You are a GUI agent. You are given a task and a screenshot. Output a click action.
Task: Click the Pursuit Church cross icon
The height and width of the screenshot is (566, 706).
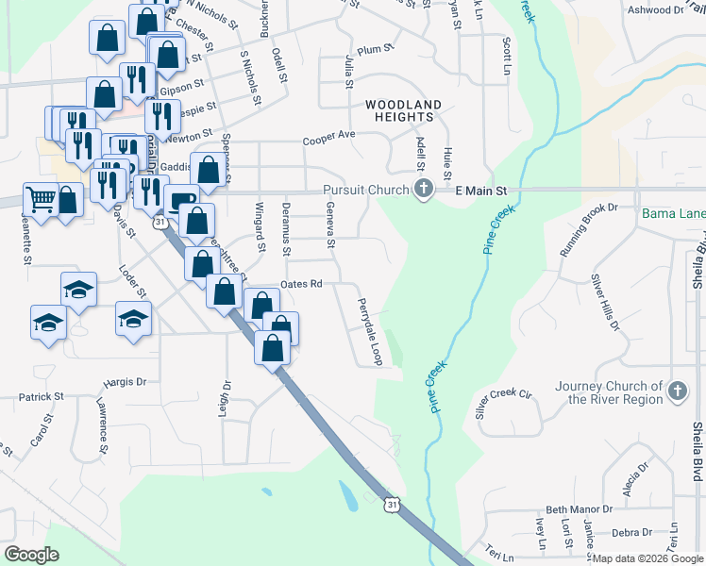point(423,190)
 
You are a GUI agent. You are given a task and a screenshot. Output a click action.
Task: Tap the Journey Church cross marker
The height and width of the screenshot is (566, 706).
point(676,391)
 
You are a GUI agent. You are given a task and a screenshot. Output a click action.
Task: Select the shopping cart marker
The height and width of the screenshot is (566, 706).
point(41,198)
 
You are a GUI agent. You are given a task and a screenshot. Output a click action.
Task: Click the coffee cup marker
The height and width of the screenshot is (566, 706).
point(180,199)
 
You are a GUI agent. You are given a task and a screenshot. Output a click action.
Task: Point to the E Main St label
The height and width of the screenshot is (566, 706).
point(481,190)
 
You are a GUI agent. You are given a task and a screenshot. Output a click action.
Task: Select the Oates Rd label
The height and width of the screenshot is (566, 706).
point(302,284)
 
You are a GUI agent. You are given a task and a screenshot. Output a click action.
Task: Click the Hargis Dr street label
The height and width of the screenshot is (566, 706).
point(126,383)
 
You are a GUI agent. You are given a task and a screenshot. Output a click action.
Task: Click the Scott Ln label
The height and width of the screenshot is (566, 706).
point(507,56)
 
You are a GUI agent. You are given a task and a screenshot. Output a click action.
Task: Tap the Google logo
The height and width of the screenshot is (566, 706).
point(31,555)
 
